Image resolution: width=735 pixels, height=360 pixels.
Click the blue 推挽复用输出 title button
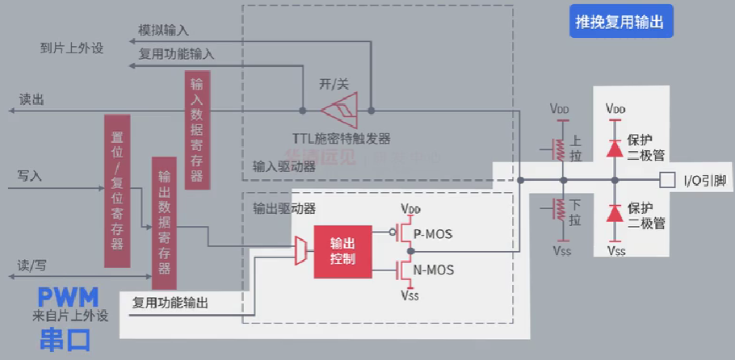[x=619, y=23]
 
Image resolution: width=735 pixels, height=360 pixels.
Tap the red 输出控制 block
[x=342, y=252]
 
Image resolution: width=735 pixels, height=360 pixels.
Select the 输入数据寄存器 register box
[x=196, y=130]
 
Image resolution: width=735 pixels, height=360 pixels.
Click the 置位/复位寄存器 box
[x=117, y=190]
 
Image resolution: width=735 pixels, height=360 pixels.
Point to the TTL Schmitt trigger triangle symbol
[x=338, y=109]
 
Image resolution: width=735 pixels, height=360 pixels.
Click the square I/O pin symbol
[x=667, y=179]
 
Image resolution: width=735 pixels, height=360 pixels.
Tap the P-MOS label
[x=433, y=234]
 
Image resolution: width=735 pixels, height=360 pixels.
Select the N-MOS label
[x=434, y=269]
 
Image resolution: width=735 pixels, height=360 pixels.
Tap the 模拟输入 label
[x=163, y=31]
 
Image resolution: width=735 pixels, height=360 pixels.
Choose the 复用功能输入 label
[x=176, y=54]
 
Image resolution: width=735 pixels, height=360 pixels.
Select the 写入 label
[x=29, y=174]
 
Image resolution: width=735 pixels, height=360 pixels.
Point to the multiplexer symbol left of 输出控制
[x=300, y=251]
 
